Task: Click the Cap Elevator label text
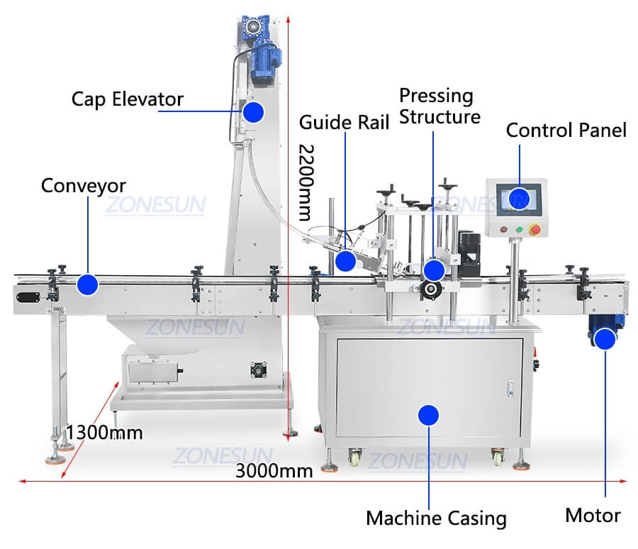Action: coord(127,99)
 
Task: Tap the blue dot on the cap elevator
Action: coord(253,111)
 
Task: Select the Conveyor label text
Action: coord(83,186)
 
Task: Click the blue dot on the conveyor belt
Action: coord(86,284)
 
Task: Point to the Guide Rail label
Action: coord(344,122)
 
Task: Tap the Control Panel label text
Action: coord(566,130)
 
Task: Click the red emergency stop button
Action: coord(536,229)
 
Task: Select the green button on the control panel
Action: coord(520,229)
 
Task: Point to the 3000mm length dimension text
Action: coord(274,470)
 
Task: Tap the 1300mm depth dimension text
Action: coord(104,432)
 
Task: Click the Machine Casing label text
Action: coord(436,518)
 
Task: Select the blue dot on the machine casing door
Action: coord(427,414)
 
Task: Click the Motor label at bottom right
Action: coord(593,516)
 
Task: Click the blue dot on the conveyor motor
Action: coord(604,339)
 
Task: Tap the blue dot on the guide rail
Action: coord(345,261)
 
